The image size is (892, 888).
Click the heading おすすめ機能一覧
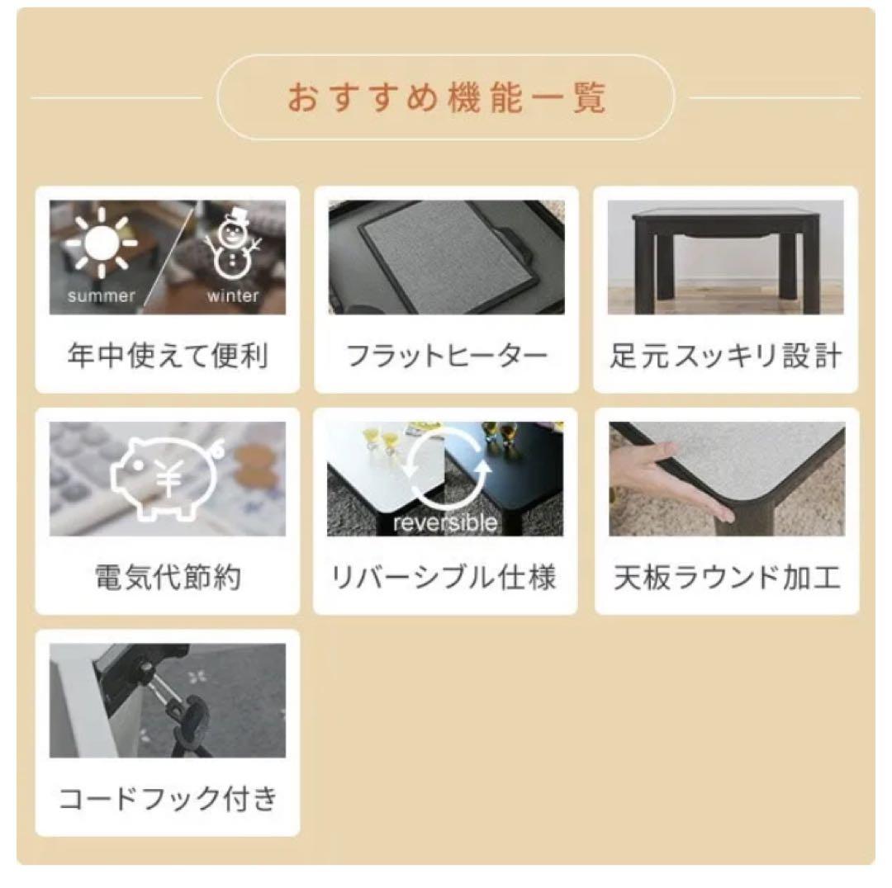point(446,97)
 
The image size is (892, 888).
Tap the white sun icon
point(102,243)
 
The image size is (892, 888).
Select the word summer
point(101,296)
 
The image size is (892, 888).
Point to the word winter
point(233,296)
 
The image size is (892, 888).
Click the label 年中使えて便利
point(168,357)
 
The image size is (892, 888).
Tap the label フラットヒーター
point(446,357)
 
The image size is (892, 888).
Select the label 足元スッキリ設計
point(726,357)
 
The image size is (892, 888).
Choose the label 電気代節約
point(168,578)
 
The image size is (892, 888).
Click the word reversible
point(446,523)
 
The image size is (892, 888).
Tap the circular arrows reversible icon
point(446,470)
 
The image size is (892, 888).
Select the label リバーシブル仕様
point(446,578)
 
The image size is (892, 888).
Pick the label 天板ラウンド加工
point(726,578)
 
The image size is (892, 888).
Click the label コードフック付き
point(168,799)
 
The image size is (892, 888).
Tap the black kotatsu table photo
point(726,256)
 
